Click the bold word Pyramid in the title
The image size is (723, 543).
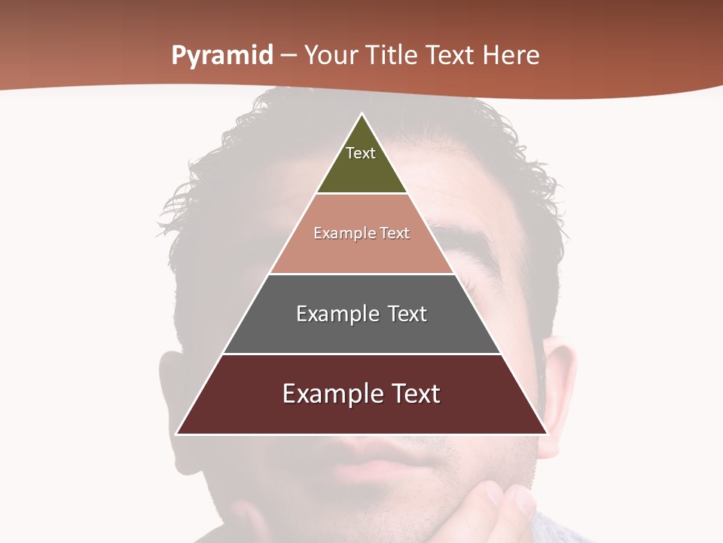[x=222, y=56]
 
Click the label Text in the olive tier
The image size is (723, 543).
[x=361, y=153]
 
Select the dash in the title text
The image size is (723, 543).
[x=288, y=56]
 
